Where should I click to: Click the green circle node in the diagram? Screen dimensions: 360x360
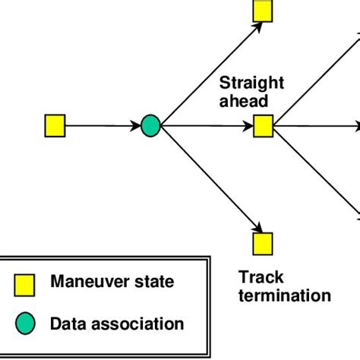pyautogui.click(x=151, y=125)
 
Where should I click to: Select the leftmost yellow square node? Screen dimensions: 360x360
pyautogui.click(x=55, y=125)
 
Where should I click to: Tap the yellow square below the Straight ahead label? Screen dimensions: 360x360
pyautogui.click(x=263, y=125)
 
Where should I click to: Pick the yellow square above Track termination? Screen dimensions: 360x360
pyautogui.click(x=263, y=243)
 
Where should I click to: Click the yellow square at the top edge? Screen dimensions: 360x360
pyautogui.click(x=263, y=9)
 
